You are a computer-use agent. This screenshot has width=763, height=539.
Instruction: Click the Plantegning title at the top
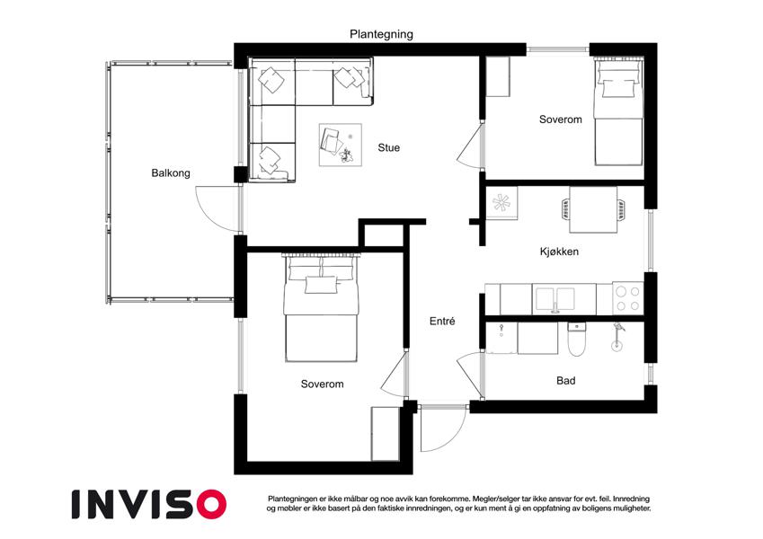pos(381,34)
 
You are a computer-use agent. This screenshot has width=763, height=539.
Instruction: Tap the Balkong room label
pos(171,172)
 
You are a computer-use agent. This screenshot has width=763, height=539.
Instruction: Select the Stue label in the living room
pos(389,147)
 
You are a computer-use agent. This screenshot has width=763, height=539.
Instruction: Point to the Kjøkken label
pos(559,252)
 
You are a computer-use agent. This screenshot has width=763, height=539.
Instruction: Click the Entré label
pos(442,321)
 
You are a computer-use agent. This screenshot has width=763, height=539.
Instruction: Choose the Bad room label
pos(566,380)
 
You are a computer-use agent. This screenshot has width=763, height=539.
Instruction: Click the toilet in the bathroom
pos(578,339)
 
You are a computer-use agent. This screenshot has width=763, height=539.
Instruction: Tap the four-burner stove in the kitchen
pos(627,298)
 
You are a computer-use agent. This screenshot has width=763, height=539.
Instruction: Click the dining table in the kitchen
pos(593,210)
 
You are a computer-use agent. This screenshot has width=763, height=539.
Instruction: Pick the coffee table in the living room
pos(340,145)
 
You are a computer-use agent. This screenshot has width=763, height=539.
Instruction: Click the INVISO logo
pos(149,504)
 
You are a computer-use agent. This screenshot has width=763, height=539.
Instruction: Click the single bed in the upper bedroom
pos(618,113)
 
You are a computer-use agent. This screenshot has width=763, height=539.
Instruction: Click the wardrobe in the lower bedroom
pos(386,434)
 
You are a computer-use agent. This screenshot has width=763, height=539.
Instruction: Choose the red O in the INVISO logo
pos(210,504)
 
